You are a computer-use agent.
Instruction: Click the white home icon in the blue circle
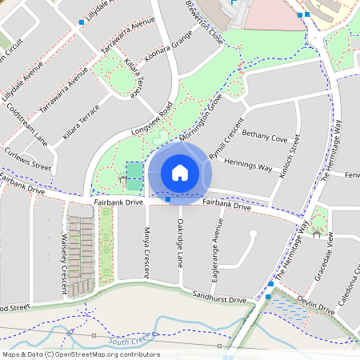point(180,172)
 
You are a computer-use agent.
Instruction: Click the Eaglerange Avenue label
point(215,252)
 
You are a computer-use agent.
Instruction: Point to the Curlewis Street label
point(29,159)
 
